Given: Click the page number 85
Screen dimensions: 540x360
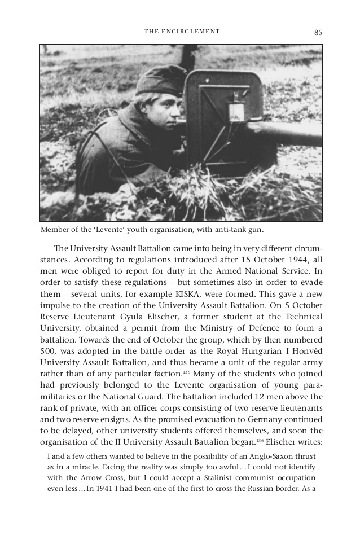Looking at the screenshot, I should pyautogui.click(x=318, y=32).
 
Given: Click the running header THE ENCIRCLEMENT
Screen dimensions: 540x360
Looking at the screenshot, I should pyautogui.click(x=182, y=32).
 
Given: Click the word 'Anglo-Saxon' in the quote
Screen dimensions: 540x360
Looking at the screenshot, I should pyautogui.click(x=270, y=456).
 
